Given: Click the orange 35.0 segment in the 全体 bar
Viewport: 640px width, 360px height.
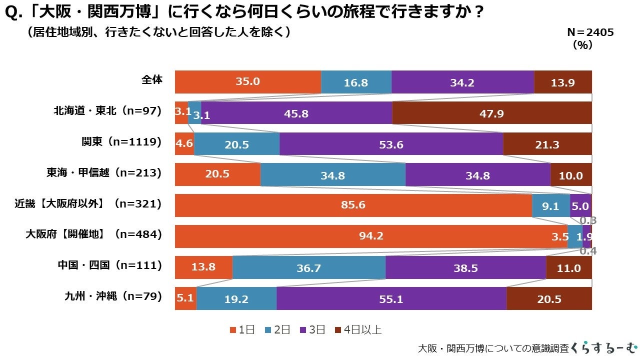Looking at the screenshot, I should click(247, 82).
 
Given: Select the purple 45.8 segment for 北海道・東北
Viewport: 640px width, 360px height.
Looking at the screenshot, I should click(296, 113).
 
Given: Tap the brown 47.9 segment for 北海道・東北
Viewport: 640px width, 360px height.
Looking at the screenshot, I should click(491, 113).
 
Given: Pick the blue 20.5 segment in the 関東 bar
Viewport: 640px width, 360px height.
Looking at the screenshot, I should click(236, 144).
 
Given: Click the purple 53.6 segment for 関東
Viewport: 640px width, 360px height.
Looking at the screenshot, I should click(391, 144).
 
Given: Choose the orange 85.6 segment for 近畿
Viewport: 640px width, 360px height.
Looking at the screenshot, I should click(353, 205).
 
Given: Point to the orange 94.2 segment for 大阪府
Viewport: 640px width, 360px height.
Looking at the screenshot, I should click(371, 236).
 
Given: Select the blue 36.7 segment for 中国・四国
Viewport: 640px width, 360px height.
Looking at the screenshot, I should click(308, 267).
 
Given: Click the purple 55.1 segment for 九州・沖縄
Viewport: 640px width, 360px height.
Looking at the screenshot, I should click(391, 298).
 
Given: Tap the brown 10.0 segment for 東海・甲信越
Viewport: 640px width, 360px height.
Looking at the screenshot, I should click(571, 175).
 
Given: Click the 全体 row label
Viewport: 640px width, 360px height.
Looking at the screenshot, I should click(152, 79).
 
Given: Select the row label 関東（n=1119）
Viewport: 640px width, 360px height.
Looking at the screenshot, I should click(121, 142).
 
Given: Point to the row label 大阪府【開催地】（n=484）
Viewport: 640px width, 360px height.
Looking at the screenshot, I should click(93, 234).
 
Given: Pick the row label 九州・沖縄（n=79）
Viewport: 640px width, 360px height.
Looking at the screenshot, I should click(113, 296).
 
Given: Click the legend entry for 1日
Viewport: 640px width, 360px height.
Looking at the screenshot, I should click(242, 329).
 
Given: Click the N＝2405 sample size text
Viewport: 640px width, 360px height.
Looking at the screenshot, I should click(590, 32).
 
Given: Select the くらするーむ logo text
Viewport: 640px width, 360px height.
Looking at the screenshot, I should click(604, 347).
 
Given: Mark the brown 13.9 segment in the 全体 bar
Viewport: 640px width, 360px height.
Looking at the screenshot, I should click(562, 82).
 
